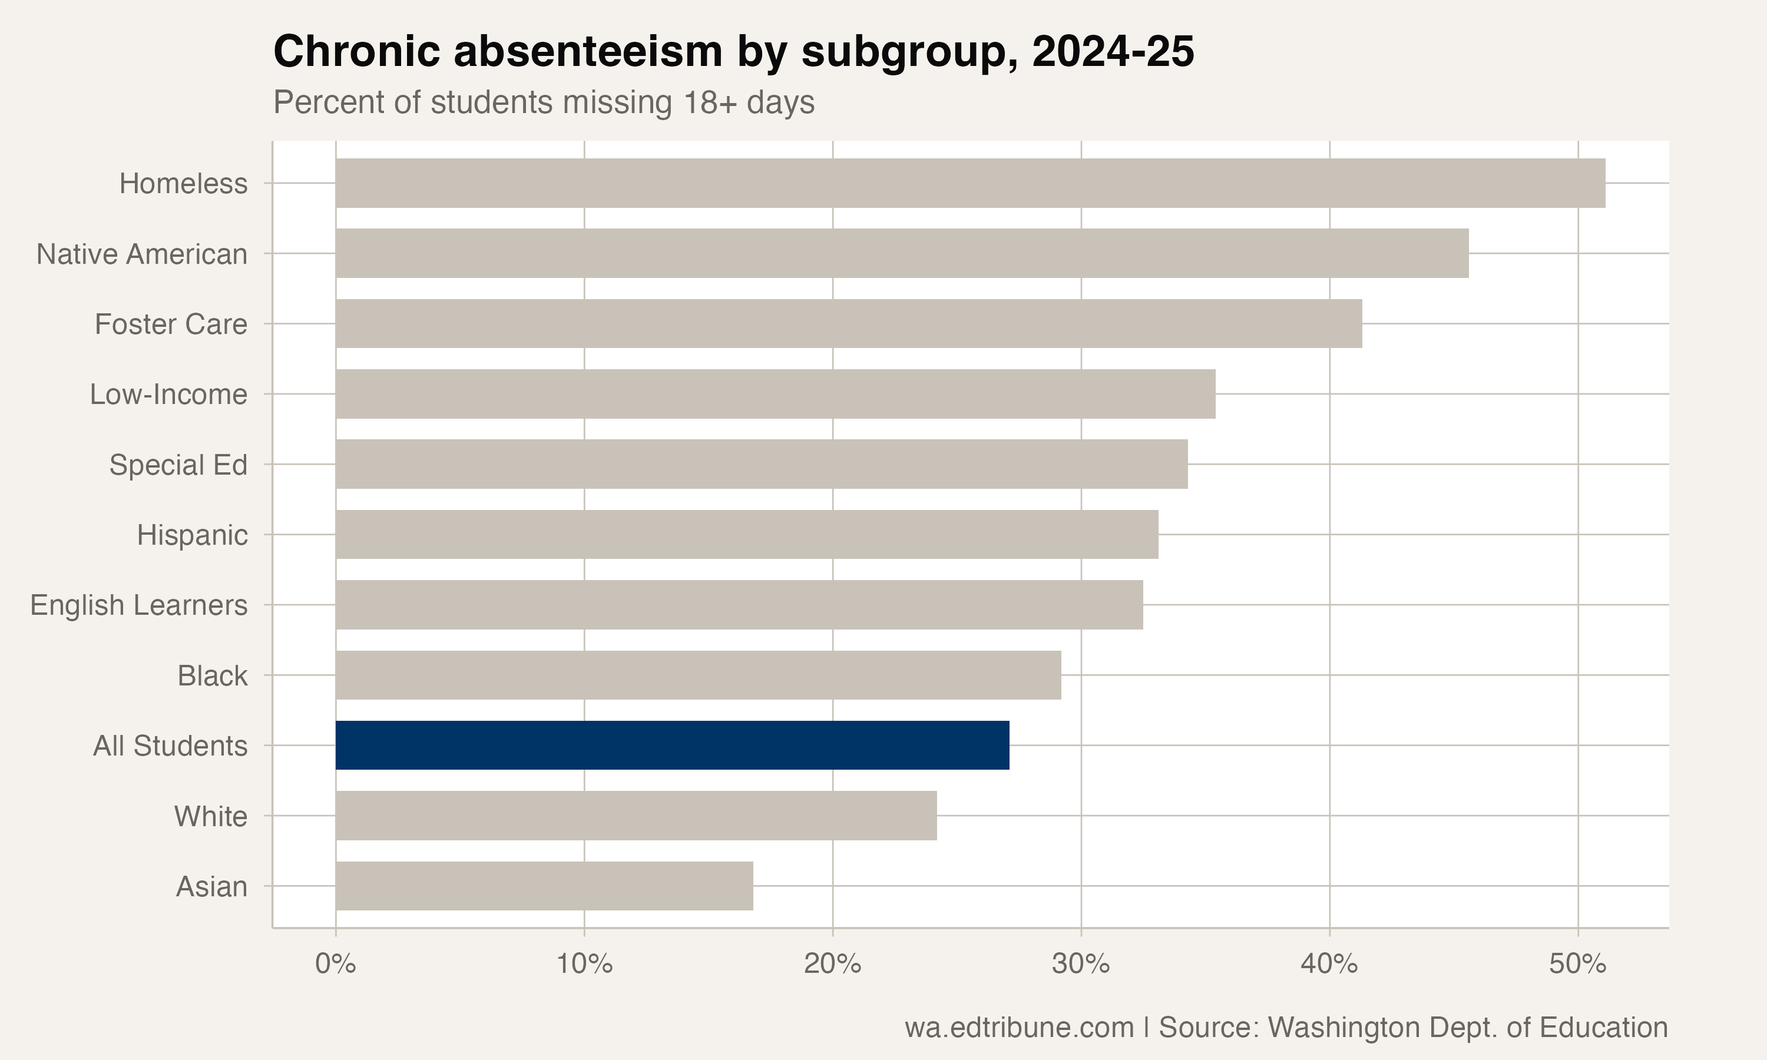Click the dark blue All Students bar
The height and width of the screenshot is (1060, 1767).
point(672,745)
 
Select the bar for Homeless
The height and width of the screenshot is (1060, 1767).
point(970,183)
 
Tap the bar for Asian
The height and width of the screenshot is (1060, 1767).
point(544,886)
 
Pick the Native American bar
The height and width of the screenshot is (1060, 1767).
point(901,253)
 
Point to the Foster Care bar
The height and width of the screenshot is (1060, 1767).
point(849,323)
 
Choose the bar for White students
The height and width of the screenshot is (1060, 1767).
point(636,815)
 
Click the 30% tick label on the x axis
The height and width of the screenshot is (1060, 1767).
point(1081,964)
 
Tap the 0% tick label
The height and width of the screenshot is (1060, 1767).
point(336,964)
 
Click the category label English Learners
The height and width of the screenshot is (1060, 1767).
point(138,605)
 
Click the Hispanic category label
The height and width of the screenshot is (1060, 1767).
point(192,535)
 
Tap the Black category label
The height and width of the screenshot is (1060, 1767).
point(212,675)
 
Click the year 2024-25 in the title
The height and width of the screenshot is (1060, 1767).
point(1113,51)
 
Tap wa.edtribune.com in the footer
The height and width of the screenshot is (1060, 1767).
point(1019,1027)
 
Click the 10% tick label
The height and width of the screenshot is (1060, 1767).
point(584,964)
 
